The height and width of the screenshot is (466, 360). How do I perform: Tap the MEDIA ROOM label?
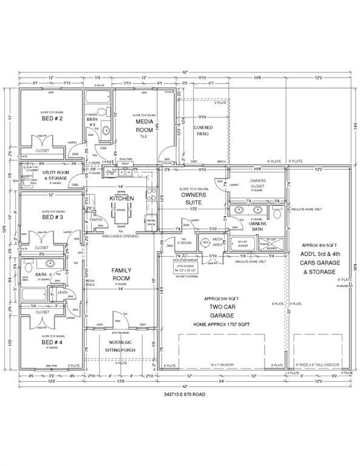(x=144, y=126)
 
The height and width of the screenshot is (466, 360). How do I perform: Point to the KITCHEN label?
(x=121, y=199)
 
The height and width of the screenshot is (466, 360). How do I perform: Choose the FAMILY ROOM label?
(x=122, y=274)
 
